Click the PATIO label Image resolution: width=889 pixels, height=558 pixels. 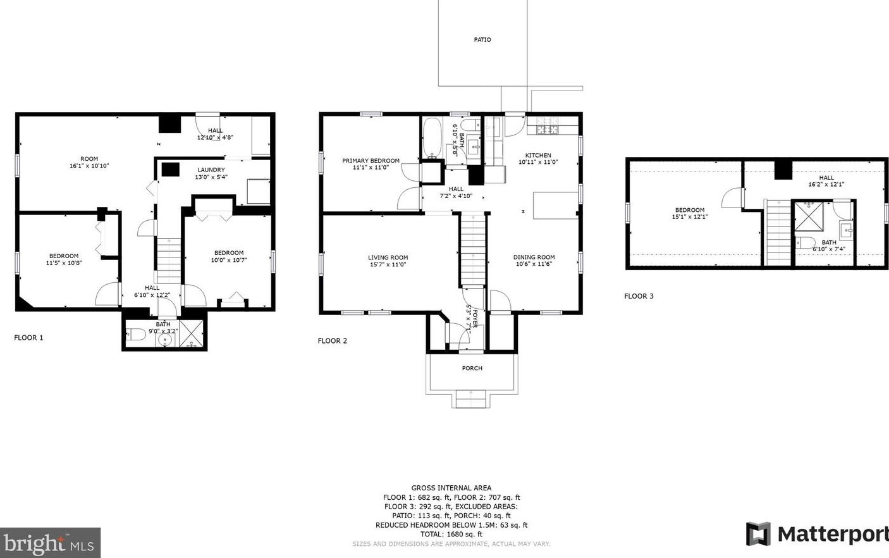click(x=482, y=40)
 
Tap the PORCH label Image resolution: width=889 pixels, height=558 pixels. click(x=472, y=368)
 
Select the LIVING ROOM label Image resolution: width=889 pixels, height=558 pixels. click(x=388, y=257)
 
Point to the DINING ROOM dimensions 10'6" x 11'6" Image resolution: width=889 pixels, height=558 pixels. click(x=534, y=264)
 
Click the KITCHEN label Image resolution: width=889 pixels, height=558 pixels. click(x=538, y=155)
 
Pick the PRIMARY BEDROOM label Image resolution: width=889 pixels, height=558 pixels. click(x=371, y=161)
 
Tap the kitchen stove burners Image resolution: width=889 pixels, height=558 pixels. click(x=548, y=125)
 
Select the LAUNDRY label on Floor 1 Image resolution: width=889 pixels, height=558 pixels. click(x=211, y=170)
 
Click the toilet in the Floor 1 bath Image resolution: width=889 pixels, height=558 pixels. click(x=135, y=335)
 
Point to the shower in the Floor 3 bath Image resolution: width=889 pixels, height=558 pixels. click(x=809, y=216)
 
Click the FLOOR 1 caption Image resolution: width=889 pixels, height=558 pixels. click(x=28, y=338)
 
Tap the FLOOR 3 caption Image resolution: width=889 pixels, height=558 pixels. click(x=639, y=296)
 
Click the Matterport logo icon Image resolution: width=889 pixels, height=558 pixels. click(x=758, y=534)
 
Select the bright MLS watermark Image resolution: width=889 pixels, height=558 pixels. click(x=50, y=543)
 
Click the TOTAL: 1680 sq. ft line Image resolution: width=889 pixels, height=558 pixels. click(x=451, y=534)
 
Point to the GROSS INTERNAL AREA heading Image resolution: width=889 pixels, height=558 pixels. click(x=451, y=488)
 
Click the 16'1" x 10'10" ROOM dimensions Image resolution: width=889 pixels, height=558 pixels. click(x=89, y=166)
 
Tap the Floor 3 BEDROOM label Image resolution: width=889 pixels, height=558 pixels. click(x=690, y=209)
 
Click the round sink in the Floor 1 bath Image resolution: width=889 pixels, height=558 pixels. click(x=164, y=340)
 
